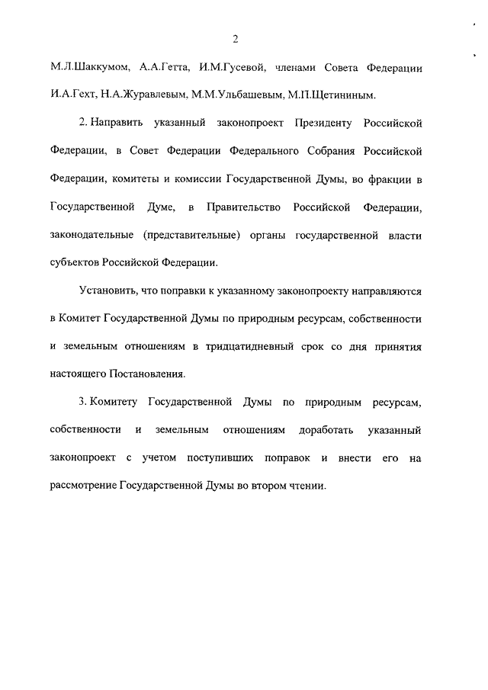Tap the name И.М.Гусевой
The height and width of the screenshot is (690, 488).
point(230,68)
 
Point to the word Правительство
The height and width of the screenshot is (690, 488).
point(244,207)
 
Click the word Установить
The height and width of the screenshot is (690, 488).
point(105,290)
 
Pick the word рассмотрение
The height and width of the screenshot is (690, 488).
point(83,486)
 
